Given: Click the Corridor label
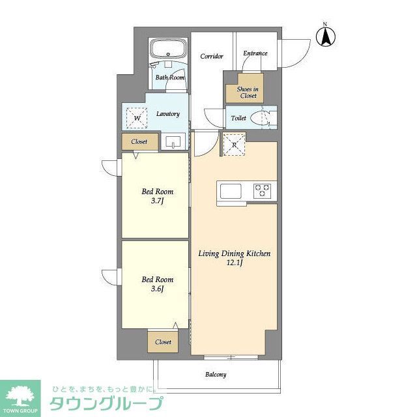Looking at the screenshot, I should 211,55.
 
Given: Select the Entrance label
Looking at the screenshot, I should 255,53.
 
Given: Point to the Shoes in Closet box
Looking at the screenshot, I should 247,92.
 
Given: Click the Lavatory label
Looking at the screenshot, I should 167,114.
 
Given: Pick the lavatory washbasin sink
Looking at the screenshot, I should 173,141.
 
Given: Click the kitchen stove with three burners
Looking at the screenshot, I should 263,190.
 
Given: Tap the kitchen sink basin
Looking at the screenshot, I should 230,191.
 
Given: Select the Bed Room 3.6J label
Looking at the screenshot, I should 157,284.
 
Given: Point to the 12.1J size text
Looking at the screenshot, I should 234,263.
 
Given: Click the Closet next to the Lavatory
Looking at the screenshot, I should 139,141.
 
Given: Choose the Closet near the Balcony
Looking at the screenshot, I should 163,342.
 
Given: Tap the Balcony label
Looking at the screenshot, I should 216,375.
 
